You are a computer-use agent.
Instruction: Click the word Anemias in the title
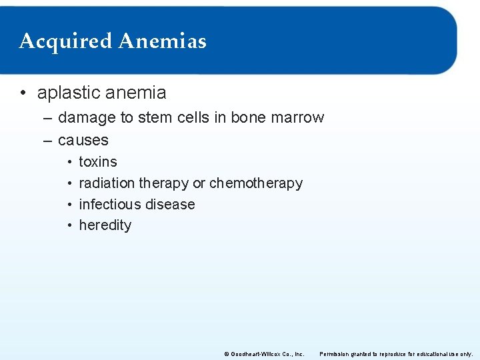(x=162, y=41)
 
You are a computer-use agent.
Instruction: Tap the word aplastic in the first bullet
(x=65, y=93)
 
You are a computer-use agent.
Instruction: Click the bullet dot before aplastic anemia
(x=24, y=93)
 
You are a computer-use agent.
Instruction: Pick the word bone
(x=247, y=118)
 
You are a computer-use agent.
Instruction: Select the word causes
(x=83, y=140)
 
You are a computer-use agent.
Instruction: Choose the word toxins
(x=98, y=162)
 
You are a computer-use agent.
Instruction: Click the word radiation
(x=106, y=183)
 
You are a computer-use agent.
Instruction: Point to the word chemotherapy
(x=256, y=183)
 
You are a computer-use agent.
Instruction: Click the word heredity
(x=105, y=225)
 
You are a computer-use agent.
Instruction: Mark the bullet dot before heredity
(x=69, y=225)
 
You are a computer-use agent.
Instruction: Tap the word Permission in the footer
(x=336, y=354)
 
